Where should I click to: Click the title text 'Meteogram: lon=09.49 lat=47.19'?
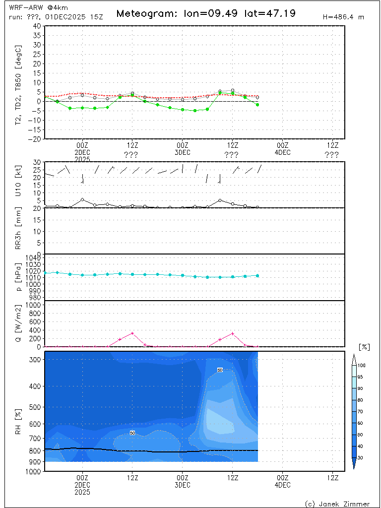(206, 13)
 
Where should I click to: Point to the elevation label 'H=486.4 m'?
(343, 17)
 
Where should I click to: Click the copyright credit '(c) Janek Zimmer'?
(337, 504)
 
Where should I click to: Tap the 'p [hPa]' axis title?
(19, 278)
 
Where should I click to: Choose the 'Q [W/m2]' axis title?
(19, 324)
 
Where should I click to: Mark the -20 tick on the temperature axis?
(35, 139)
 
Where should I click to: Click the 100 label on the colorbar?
(362, 366)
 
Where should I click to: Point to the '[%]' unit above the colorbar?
(364, 347)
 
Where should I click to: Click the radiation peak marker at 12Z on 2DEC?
(132, 333)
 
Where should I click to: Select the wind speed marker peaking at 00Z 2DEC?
(82, 200)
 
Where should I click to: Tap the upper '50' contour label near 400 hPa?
(220, 370)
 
